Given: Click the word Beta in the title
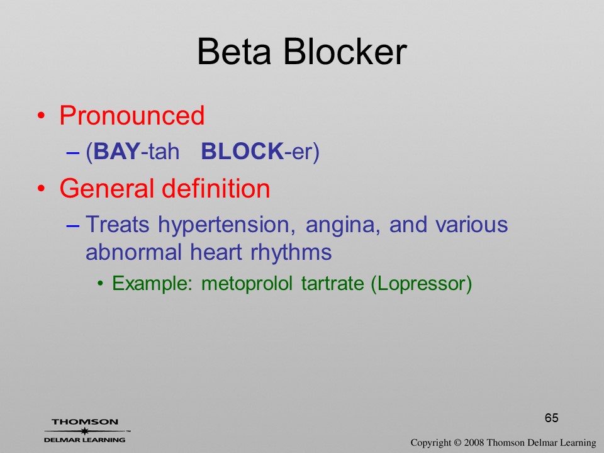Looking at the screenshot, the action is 234,52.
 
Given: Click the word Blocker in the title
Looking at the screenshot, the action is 345,52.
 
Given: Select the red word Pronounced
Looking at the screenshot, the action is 131,115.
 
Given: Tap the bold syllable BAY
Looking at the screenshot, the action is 116,151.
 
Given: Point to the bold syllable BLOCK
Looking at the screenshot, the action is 242,151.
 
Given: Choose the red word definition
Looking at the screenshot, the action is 216,188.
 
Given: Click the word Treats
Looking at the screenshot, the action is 118,224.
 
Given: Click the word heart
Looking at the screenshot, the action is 216,252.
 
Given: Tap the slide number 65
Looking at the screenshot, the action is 552,418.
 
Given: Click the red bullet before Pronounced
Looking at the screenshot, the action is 42,116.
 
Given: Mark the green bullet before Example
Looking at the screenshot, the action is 101,284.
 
